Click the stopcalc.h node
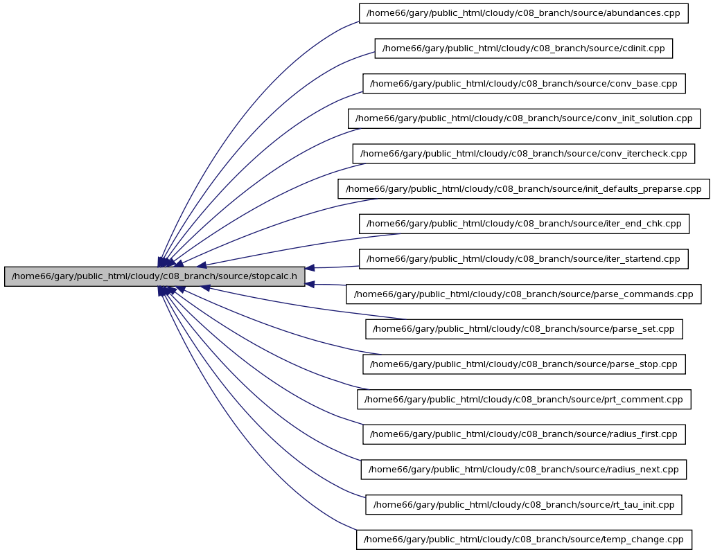[x=155, y=276]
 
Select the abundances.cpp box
[x=523, y=13]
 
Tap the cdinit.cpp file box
[x=523, y=48]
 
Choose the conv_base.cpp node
[x=524, y=84]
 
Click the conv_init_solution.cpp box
[x=524, y=118]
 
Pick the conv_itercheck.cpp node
[x=523, y=154]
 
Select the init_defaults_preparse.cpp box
[x=523, y=188]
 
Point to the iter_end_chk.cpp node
[x=524, y=224]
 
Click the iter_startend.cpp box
[x=523, y=259]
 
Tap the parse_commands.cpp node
[x=523, y=294]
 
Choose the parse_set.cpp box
[x=524, y=329]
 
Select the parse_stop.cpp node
[x=524, y=364]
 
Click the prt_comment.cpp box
[x=524, y=399]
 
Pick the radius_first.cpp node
[x=524, y=435]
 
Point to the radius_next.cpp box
[x=523, y=470]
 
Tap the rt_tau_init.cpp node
[x=523, y=505]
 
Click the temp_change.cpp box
[x=524, y=540]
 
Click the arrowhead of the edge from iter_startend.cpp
[x=310, y=268]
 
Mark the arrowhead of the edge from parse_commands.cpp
[x=310, y=285]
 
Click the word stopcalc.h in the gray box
[x=274, y=276]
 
